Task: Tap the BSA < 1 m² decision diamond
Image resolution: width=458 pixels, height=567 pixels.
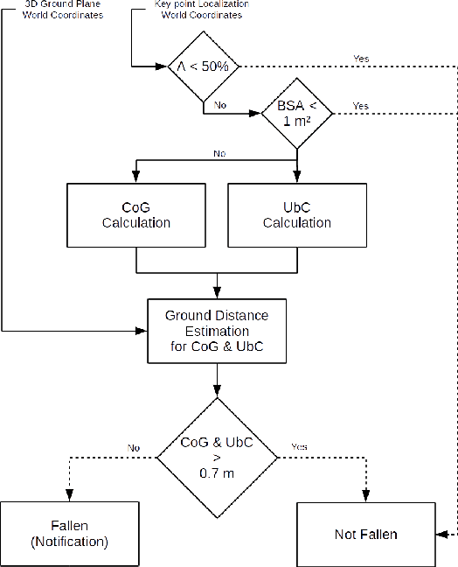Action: [297, 112]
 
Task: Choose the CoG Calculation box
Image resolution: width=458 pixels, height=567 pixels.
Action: [135, 214]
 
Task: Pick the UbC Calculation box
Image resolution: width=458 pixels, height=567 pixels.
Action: [296, 214]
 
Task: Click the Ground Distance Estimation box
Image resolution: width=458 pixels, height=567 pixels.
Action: [216, 331]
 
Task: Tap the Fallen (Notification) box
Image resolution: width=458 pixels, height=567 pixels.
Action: [69, 534]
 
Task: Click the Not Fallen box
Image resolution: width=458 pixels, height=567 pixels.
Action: [364, 534]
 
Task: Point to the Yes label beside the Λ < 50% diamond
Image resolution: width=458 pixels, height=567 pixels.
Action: [360, 60]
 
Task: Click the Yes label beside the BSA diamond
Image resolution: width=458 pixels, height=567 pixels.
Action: [360, 106]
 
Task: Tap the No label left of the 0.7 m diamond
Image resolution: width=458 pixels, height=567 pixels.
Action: [134, 447]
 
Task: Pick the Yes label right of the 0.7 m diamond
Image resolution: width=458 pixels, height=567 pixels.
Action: [299, 447]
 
